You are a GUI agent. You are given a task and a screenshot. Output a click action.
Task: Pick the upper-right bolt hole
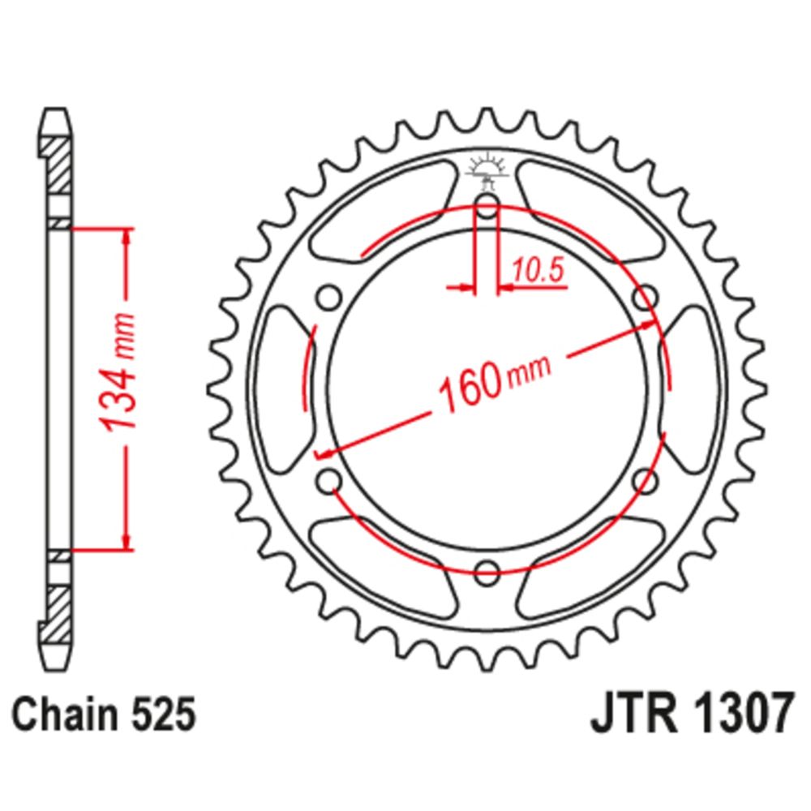(645, 298)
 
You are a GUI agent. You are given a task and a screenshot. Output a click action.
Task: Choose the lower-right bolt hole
(645, 480)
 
